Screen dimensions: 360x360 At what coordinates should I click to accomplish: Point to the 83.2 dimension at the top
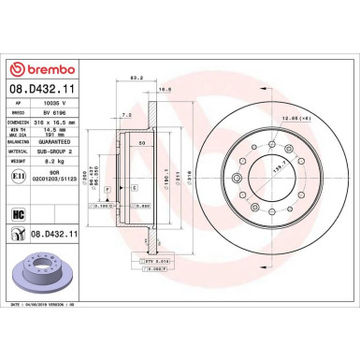click(x=138, y=79)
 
